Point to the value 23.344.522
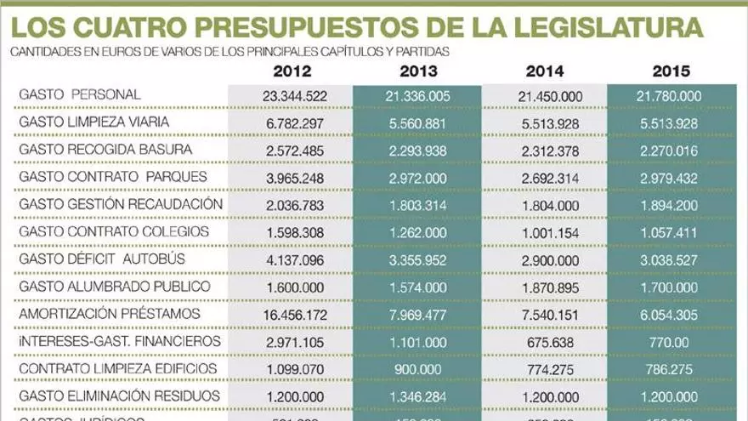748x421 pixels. [x=291, y=96]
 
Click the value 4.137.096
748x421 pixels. [x=291, y=259]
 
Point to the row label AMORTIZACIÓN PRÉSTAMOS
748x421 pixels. [x=108, y=314]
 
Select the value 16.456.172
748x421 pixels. [x=291, y=314]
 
